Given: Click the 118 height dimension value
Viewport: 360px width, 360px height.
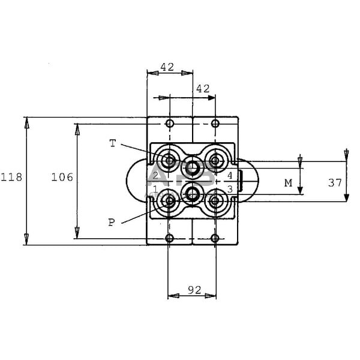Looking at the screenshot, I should click(x=11, y=177).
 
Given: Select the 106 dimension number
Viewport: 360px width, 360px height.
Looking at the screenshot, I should click(x=62, y=177).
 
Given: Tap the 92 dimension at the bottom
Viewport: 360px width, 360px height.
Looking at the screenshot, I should click(x=193, y=290).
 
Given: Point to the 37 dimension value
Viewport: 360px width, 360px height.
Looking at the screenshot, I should click(x=335, y=182).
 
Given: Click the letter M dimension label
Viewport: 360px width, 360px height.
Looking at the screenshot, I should click(x=288, y=183).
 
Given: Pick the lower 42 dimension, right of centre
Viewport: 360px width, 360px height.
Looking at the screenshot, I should click(x=203, y=88).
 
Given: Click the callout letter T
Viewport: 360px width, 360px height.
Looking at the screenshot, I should click(x=112, y=143).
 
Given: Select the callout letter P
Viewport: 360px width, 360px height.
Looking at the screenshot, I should click(x=111, y=222).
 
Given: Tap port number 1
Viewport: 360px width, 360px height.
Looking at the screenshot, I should click(x=155, y=190).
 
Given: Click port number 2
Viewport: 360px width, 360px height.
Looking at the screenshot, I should click(x=155, y=176).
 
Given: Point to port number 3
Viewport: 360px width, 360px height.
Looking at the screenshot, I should click(x=229, y=190).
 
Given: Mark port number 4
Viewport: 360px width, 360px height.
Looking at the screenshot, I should click(x=229, y=176).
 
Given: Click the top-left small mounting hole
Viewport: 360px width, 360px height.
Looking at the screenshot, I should click(x=169, y=124).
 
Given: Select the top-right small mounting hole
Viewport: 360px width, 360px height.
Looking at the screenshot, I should click(x=215, y=124).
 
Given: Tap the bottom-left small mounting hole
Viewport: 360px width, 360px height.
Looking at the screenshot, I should click(x=169, y=238).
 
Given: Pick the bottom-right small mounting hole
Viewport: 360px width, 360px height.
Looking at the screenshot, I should click(x=215, y=238).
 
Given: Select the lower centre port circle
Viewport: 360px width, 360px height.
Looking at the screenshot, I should click(x=192, y=193).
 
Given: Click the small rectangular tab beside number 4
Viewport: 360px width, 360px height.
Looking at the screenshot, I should click(x=239, y=178).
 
